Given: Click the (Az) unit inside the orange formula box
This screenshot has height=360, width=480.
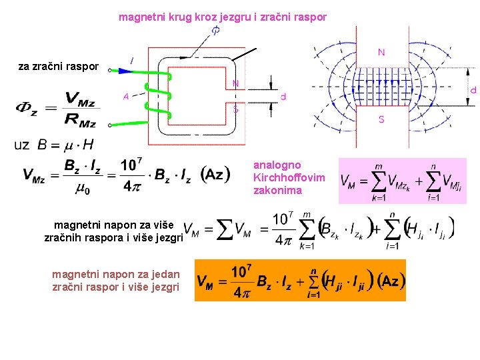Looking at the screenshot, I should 389,281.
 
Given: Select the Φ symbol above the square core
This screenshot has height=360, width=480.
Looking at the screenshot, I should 217,31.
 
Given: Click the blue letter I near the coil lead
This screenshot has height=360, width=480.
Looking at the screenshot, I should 131,61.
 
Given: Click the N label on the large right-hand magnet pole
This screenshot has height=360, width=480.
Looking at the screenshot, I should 381,52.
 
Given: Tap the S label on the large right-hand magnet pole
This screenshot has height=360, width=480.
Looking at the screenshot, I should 381,119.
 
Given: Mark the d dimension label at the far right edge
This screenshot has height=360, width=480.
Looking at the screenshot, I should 473,90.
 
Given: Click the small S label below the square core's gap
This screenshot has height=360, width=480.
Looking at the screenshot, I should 235,110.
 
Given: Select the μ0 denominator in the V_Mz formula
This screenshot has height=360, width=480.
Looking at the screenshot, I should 83,189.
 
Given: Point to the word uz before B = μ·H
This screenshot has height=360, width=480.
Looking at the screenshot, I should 21,145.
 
